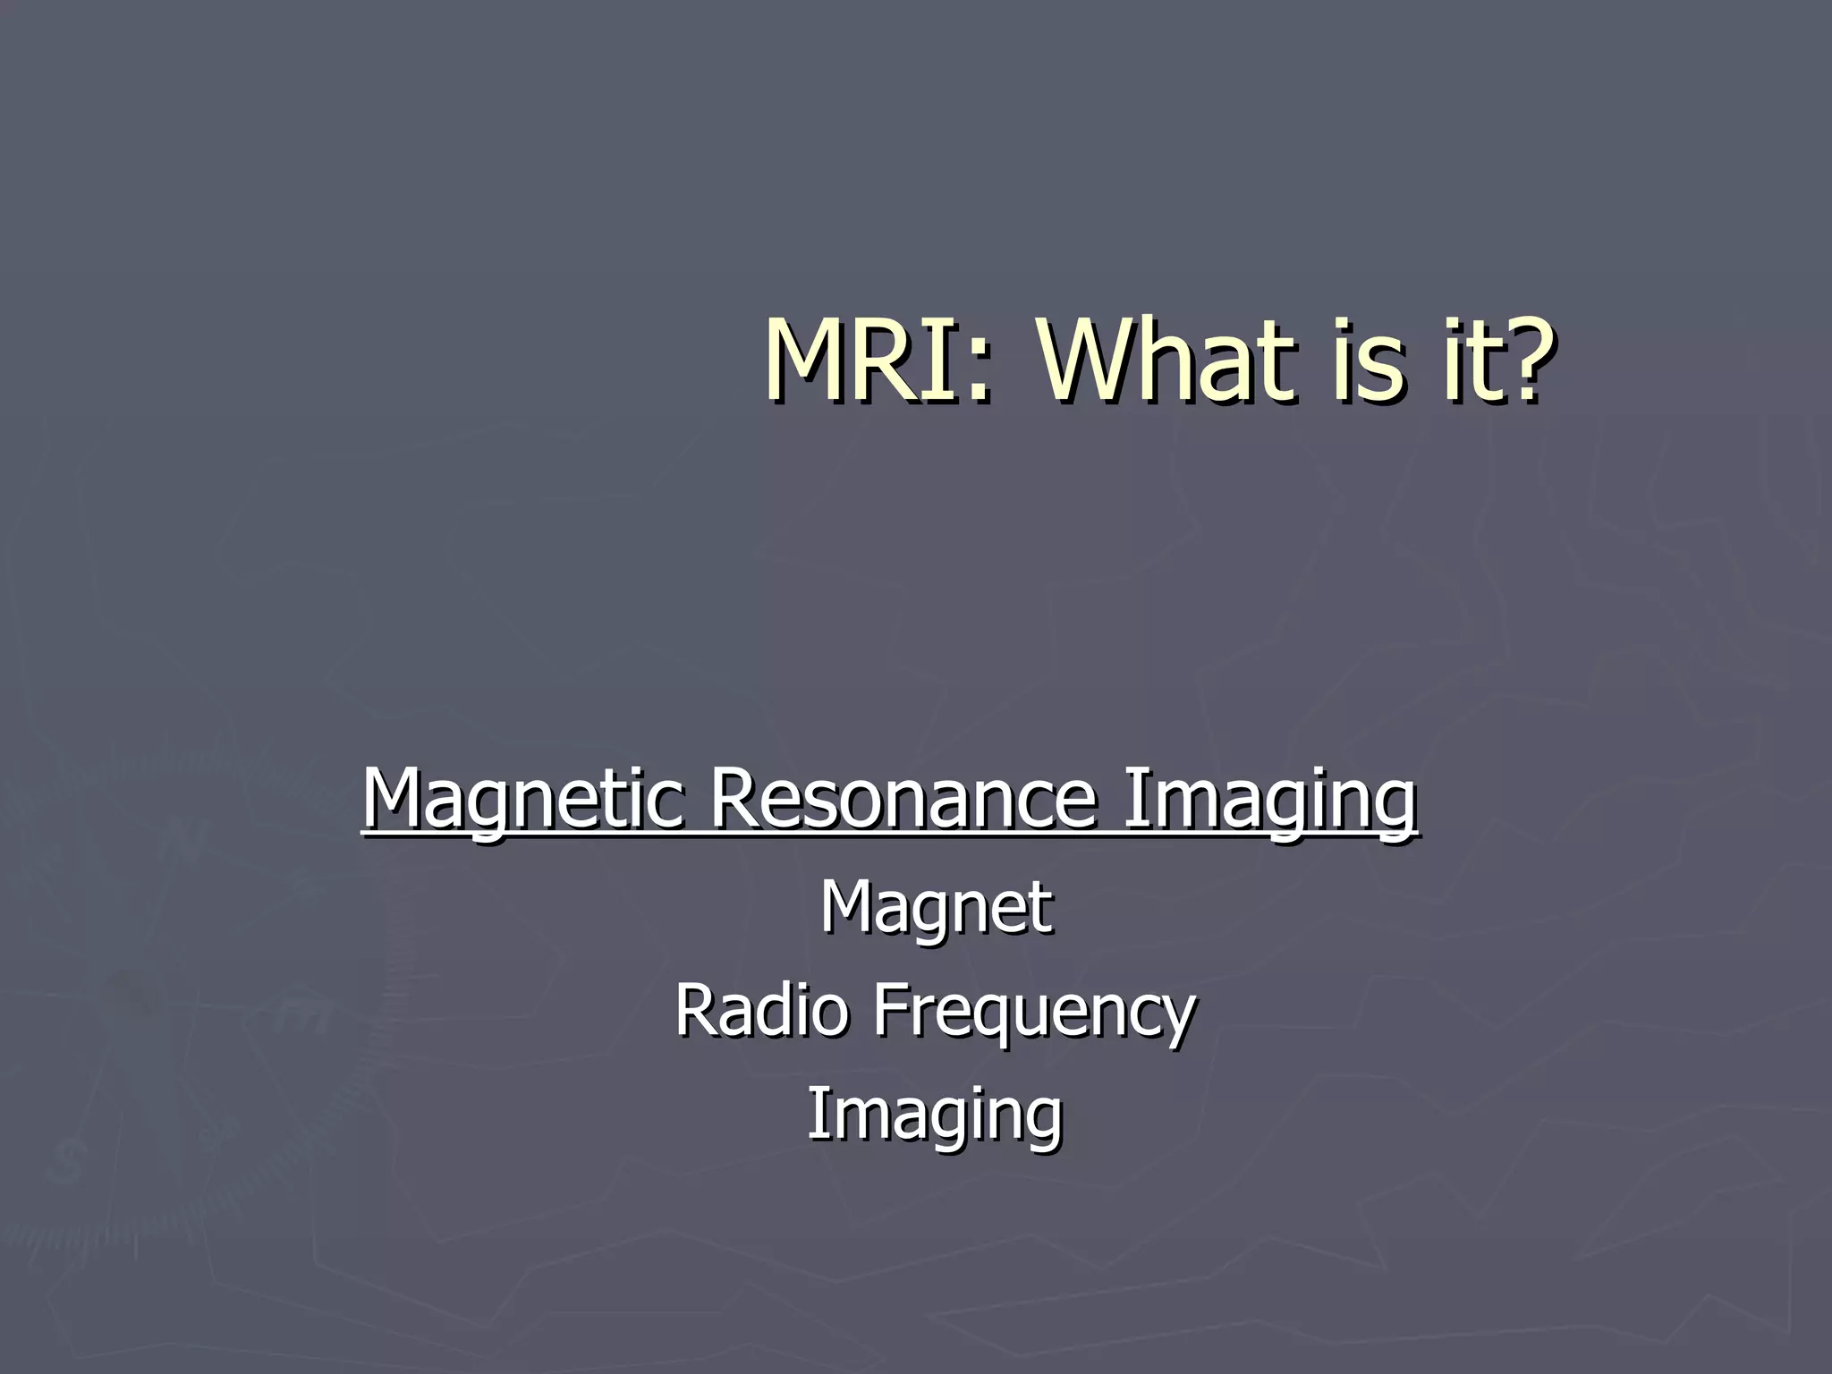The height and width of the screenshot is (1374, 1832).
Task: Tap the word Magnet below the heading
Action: coord(936,907)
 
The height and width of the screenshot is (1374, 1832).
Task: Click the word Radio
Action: coord(760,1009)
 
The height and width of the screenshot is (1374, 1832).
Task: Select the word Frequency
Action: coord(1033,1009)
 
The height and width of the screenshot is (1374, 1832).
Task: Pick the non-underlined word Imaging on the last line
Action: coord(935,1114)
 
